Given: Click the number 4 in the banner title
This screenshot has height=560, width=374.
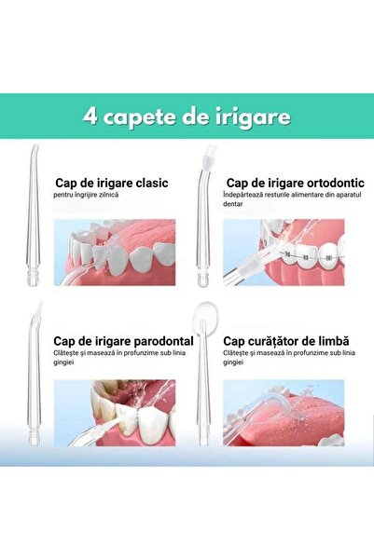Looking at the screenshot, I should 90,117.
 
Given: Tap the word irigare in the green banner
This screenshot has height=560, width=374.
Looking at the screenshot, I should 253,117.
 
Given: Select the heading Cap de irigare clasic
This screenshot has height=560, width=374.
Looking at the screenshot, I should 111,184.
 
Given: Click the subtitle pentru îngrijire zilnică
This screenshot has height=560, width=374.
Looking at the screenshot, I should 92,198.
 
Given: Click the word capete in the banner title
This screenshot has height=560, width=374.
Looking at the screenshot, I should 142,118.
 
